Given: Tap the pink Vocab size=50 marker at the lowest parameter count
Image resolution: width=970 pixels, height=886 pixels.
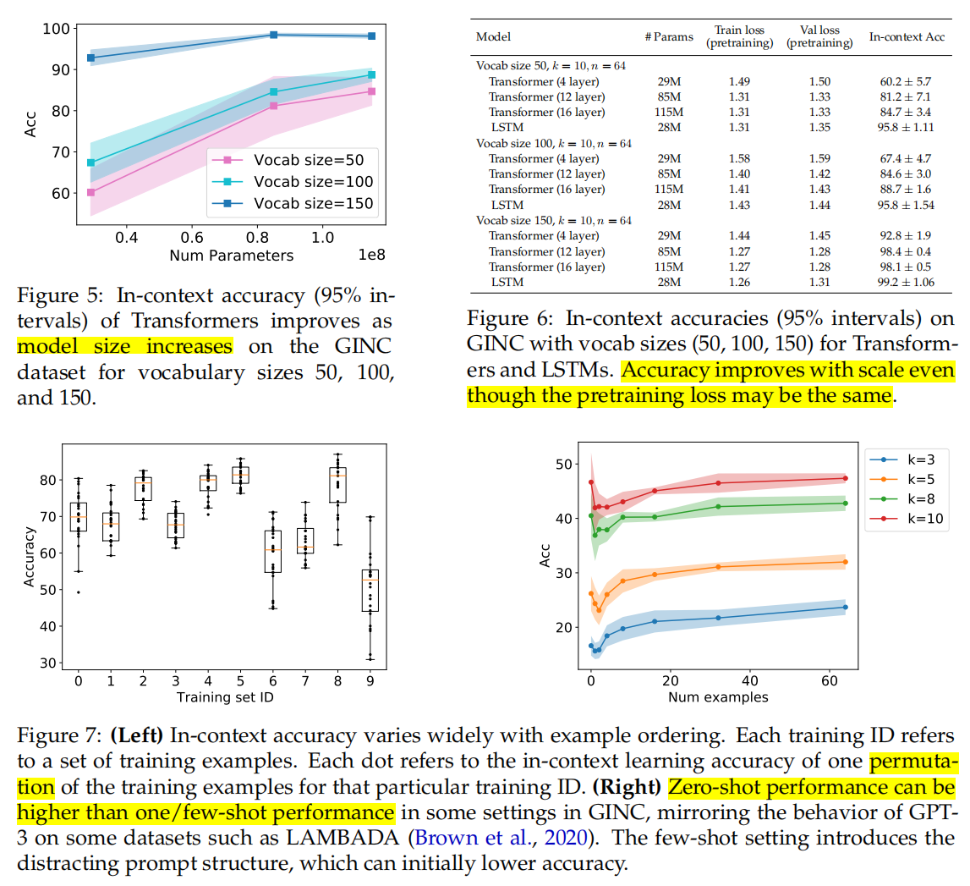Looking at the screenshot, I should pos(90,192).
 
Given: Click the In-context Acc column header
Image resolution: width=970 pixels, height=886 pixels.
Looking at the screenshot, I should pos(905,37).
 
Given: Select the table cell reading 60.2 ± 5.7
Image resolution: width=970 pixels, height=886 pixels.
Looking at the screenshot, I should pos(905,81).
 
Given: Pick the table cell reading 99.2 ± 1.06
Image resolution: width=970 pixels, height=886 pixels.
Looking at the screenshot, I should pos(905,282).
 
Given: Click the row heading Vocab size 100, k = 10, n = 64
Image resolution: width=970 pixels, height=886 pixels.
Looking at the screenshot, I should pos(553,144).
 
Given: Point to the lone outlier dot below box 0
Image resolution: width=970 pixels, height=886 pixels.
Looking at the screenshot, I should pos(79,592).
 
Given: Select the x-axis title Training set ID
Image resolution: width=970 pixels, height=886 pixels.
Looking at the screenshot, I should pos(226,696).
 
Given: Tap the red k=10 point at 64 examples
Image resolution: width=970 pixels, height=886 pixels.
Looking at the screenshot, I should pos(845,478).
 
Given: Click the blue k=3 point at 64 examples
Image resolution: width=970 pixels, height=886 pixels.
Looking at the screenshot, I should pos(845,607).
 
